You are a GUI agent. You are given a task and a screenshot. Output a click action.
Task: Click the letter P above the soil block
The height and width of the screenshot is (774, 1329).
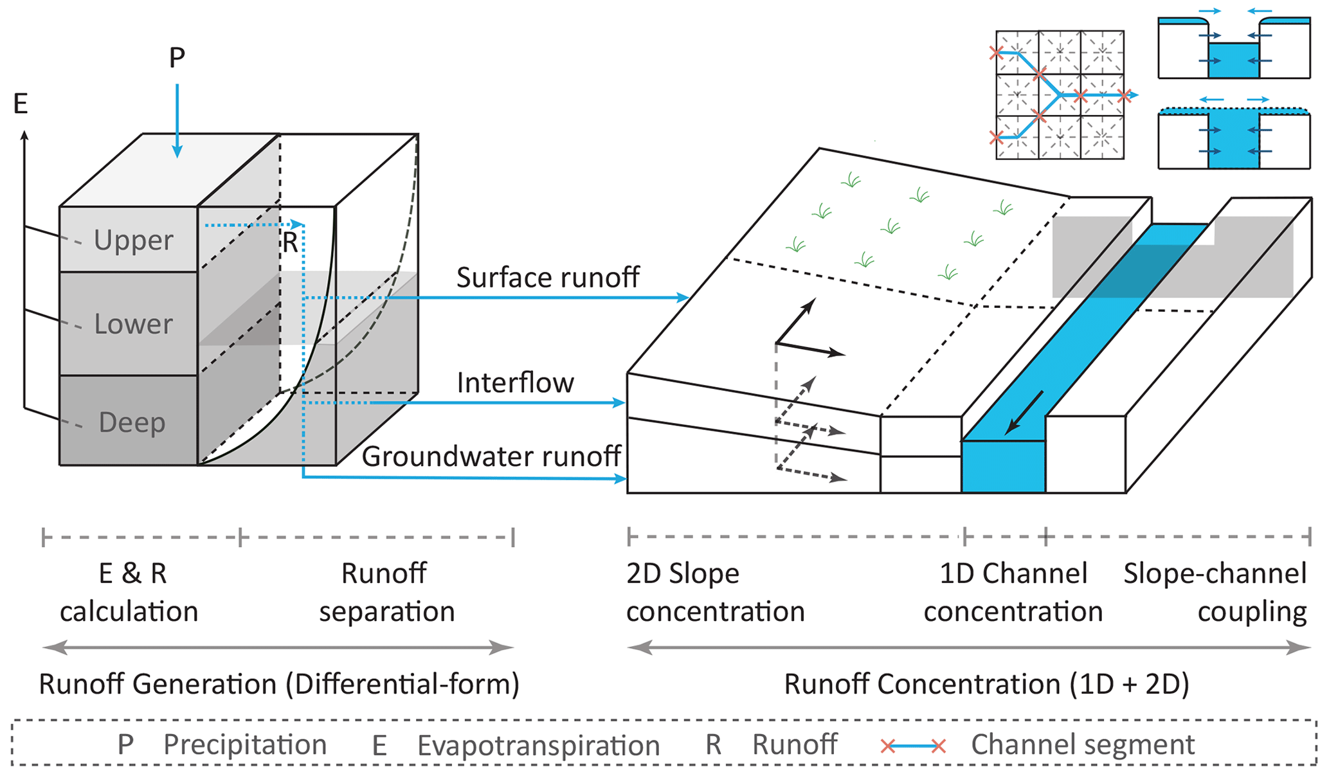[177, 58]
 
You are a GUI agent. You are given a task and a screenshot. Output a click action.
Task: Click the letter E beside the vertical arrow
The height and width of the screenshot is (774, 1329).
[21, 104]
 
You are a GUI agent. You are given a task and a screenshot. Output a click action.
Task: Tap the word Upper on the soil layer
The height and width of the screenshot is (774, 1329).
[133, 240]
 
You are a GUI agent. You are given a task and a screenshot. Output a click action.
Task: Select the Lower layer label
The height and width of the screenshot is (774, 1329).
[133, 324]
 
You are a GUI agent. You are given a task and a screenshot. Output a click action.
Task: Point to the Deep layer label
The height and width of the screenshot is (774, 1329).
[132, 422]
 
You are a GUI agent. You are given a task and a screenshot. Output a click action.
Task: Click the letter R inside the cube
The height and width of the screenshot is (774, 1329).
[290, 243]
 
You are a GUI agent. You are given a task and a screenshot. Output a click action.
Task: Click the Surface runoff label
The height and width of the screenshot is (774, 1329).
[547, 278]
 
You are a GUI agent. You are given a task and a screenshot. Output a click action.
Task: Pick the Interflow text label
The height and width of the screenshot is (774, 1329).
[515, 383]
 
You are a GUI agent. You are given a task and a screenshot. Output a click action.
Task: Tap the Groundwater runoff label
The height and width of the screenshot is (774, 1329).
[491, 456]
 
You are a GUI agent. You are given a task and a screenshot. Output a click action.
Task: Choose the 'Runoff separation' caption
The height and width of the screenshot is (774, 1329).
[386, 592]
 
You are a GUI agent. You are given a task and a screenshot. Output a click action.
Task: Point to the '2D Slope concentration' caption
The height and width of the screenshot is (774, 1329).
[715, 592]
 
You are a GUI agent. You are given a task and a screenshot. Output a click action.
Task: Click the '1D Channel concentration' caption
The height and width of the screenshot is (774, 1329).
[1013, 592]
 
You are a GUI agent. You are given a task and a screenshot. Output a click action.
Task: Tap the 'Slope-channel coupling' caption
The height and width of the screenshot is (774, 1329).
[1215, 592]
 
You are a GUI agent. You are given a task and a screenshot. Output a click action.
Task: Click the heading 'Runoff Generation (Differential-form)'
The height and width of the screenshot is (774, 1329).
[279, 684]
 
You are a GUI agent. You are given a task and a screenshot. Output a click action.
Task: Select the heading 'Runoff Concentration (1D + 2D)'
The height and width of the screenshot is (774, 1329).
[986, 684]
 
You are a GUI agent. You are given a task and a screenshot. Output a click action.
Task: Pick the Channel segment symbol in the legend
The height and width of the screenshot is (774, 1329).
[913, 746]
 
